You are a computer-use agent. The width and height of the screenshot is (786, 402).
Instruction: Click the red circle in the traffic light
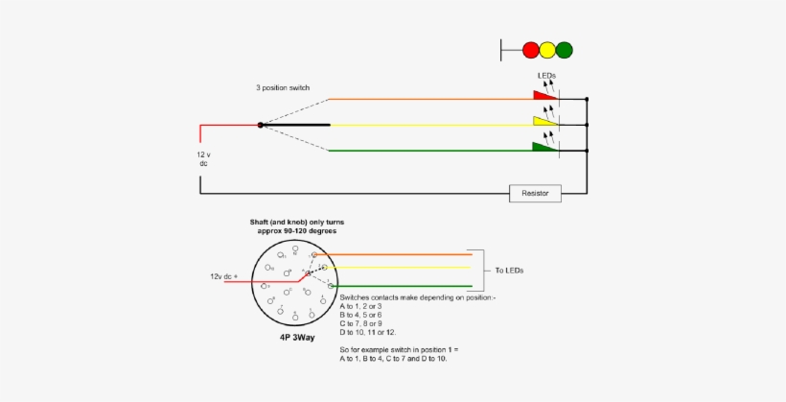(531, 48)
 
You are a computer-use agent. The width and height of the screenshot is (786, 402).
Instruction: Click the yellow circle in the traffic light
(547, 48)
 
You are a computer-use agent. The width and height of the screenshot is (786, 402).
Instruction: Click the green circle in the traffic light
(564, 48)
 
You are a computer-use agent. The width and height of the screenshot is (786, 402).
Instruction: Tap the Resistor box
(535, 193)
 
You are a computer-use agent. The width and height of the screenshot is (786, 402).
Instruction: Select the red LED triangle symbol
(544, 95)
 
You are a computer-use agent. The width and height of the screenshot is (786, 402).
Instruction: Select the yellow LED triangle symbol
(544, 121)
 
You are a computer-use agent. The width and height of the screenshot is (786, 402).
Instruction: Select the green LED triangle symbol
(544, 146)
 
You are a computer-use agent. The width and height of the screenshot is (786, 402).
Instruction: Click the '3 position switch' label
(283, 87)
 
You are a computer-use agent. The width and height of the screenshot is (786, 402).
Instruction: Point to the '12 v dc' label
(202, 158)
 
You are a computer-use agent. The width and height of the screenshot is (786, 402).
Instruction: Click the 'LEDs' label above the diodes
(546, 75)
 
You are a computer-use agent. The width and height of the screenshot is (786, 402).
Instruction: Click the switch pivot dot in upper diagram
(260, 125)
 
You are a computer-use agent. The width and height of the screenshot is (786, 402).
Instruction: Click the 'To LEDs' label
(509, 272)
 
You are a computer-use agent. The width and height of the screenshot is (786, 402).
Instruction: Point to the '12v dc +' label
(224, 275)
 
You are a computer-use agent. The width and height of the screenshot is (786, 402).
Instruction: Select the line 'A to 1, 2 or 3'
(367, 306)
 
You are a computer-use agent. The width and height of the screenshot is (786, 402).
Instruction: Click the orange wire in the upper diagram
(431, 99)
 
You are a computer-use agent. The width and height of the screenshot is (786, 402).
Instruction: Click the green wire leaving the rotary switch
(403, 286)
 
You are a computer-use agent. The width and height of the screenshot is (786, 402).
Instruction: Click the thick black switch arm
(297, 125)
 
